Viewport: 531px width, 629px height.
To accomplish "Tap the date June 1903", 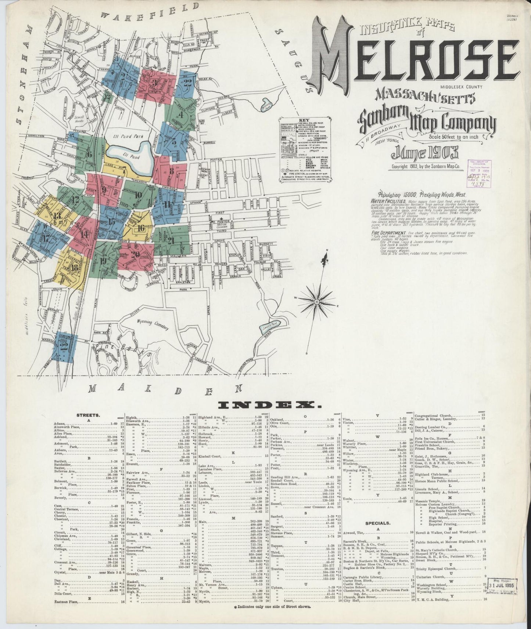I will tap(427, 152).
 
